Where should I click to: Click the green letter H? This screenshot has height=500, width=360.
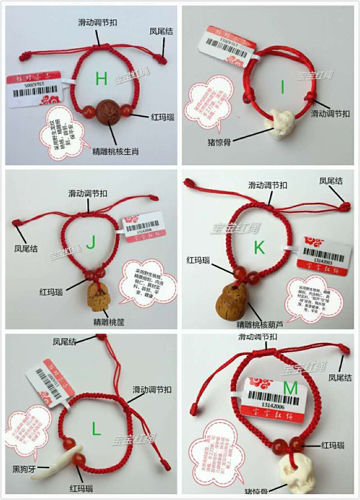[x=101, y=77]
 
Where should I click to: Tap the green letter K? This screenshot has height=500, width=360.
[x=259, y=247]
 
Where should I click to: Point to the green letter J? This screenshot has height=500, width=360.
[x=91, y=242]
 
